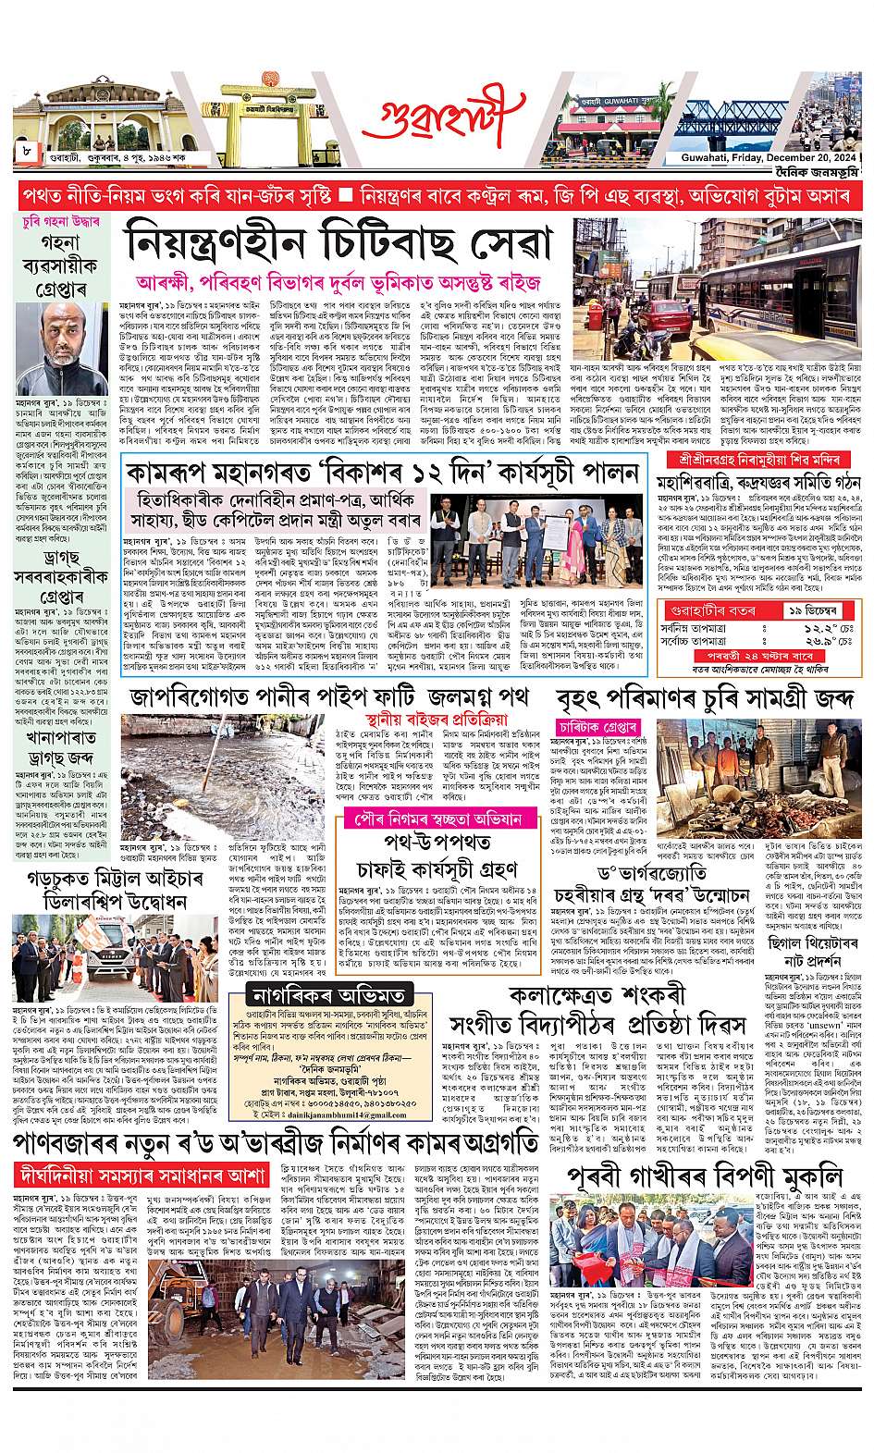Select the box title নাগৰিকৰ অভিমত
(329, 995)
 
